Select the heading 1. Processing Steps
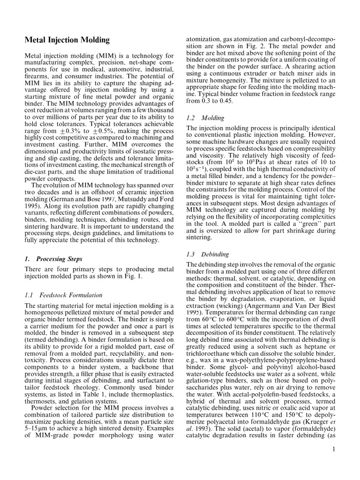click(x=53, y=259)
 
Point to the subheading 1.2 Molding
click(x=199, y=118)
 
